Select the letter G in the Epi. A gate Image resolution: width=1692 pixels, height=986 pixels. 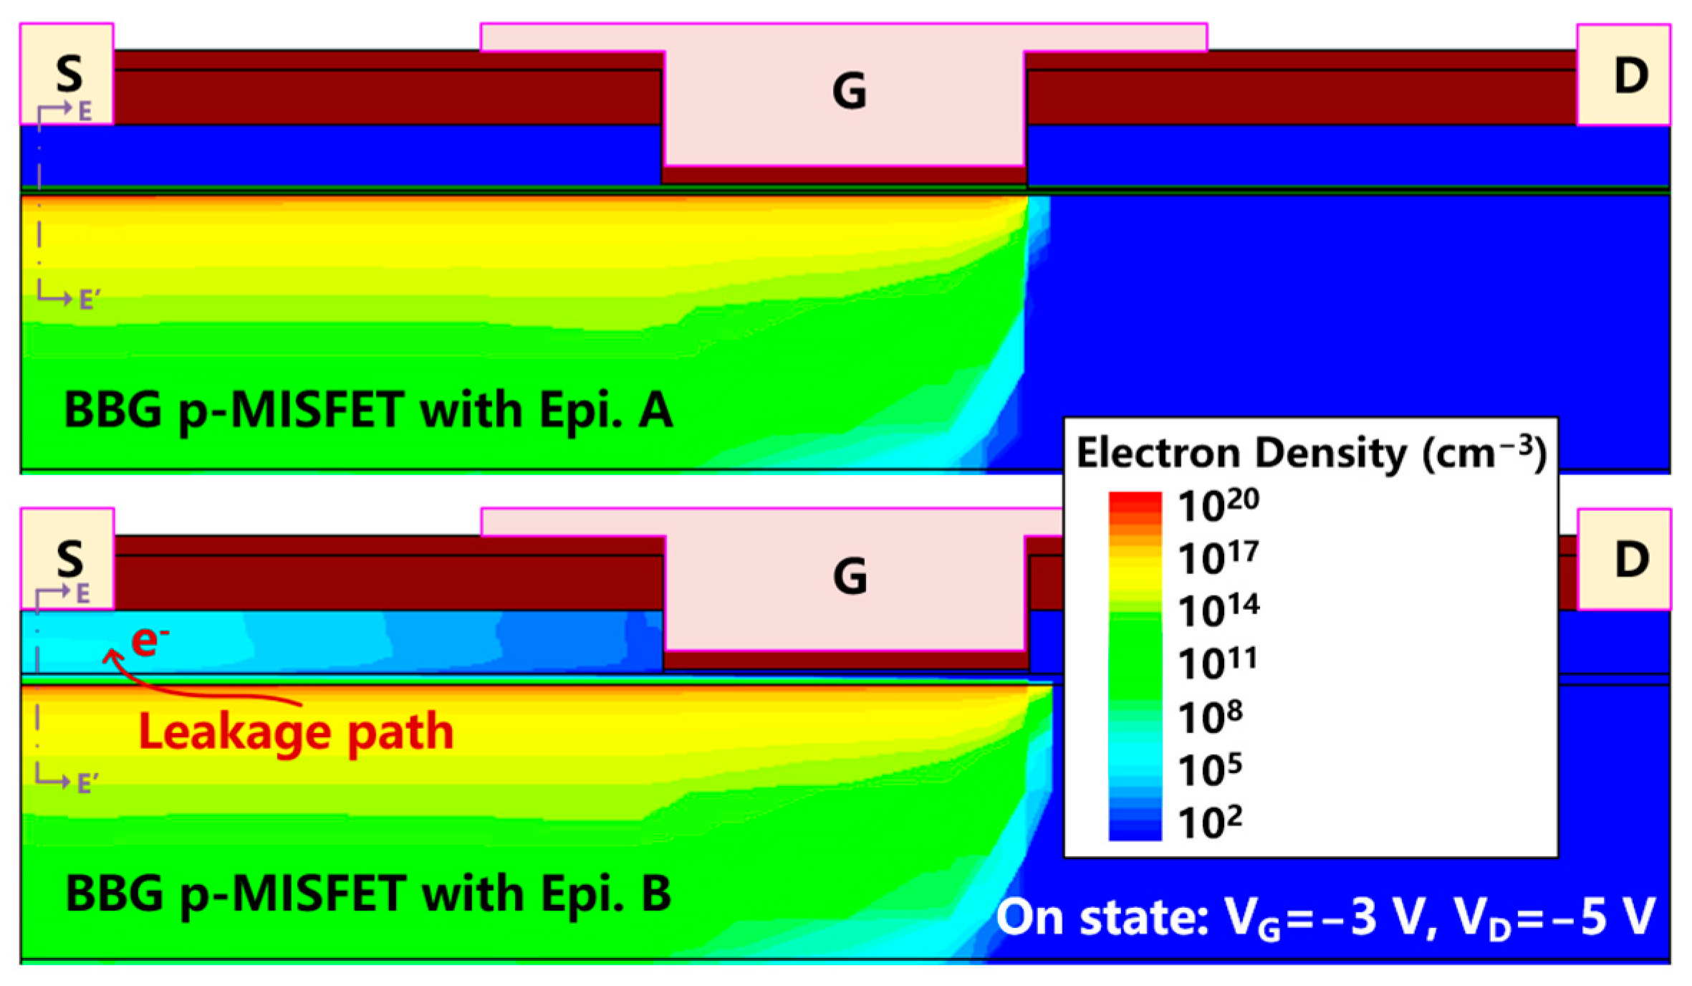tap(849, 92)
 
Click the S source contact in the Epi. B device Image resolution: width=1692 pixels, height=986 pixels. tap(69, 558)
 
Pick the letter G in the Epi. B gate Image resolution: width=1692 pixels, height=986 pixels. tap(850, 576)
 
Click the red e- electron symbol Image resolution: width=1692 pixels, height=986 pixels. tap(149, 639)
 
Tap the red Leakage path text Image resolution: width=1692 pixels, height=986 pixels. tap(296, 732)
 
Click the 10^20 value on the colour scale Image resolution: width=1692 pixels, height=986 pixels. tap(1218, 504)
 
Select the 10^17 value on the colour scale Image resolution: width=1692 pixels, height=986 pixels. tap(1218, 557)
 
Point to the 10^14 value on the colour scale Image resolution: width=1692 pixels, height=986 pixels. tap(1218, 611)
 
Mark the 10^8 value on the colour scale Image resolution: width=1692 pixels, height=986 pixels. tap(1211, 717)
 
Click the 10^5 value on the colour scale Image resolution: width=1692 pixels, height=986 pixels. tap(1211, 770)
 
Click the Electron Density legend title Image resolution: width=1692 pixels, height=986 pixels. tap(1311, 454)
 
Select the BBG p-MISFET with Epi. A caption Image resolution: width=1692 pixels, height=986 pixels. tap(368, 411)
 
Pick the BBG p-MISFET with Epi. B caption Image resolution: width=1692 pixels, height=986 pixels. tap(368, 894)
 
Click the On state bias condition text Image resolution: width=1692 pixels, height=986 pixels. tap(1325, 918)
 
